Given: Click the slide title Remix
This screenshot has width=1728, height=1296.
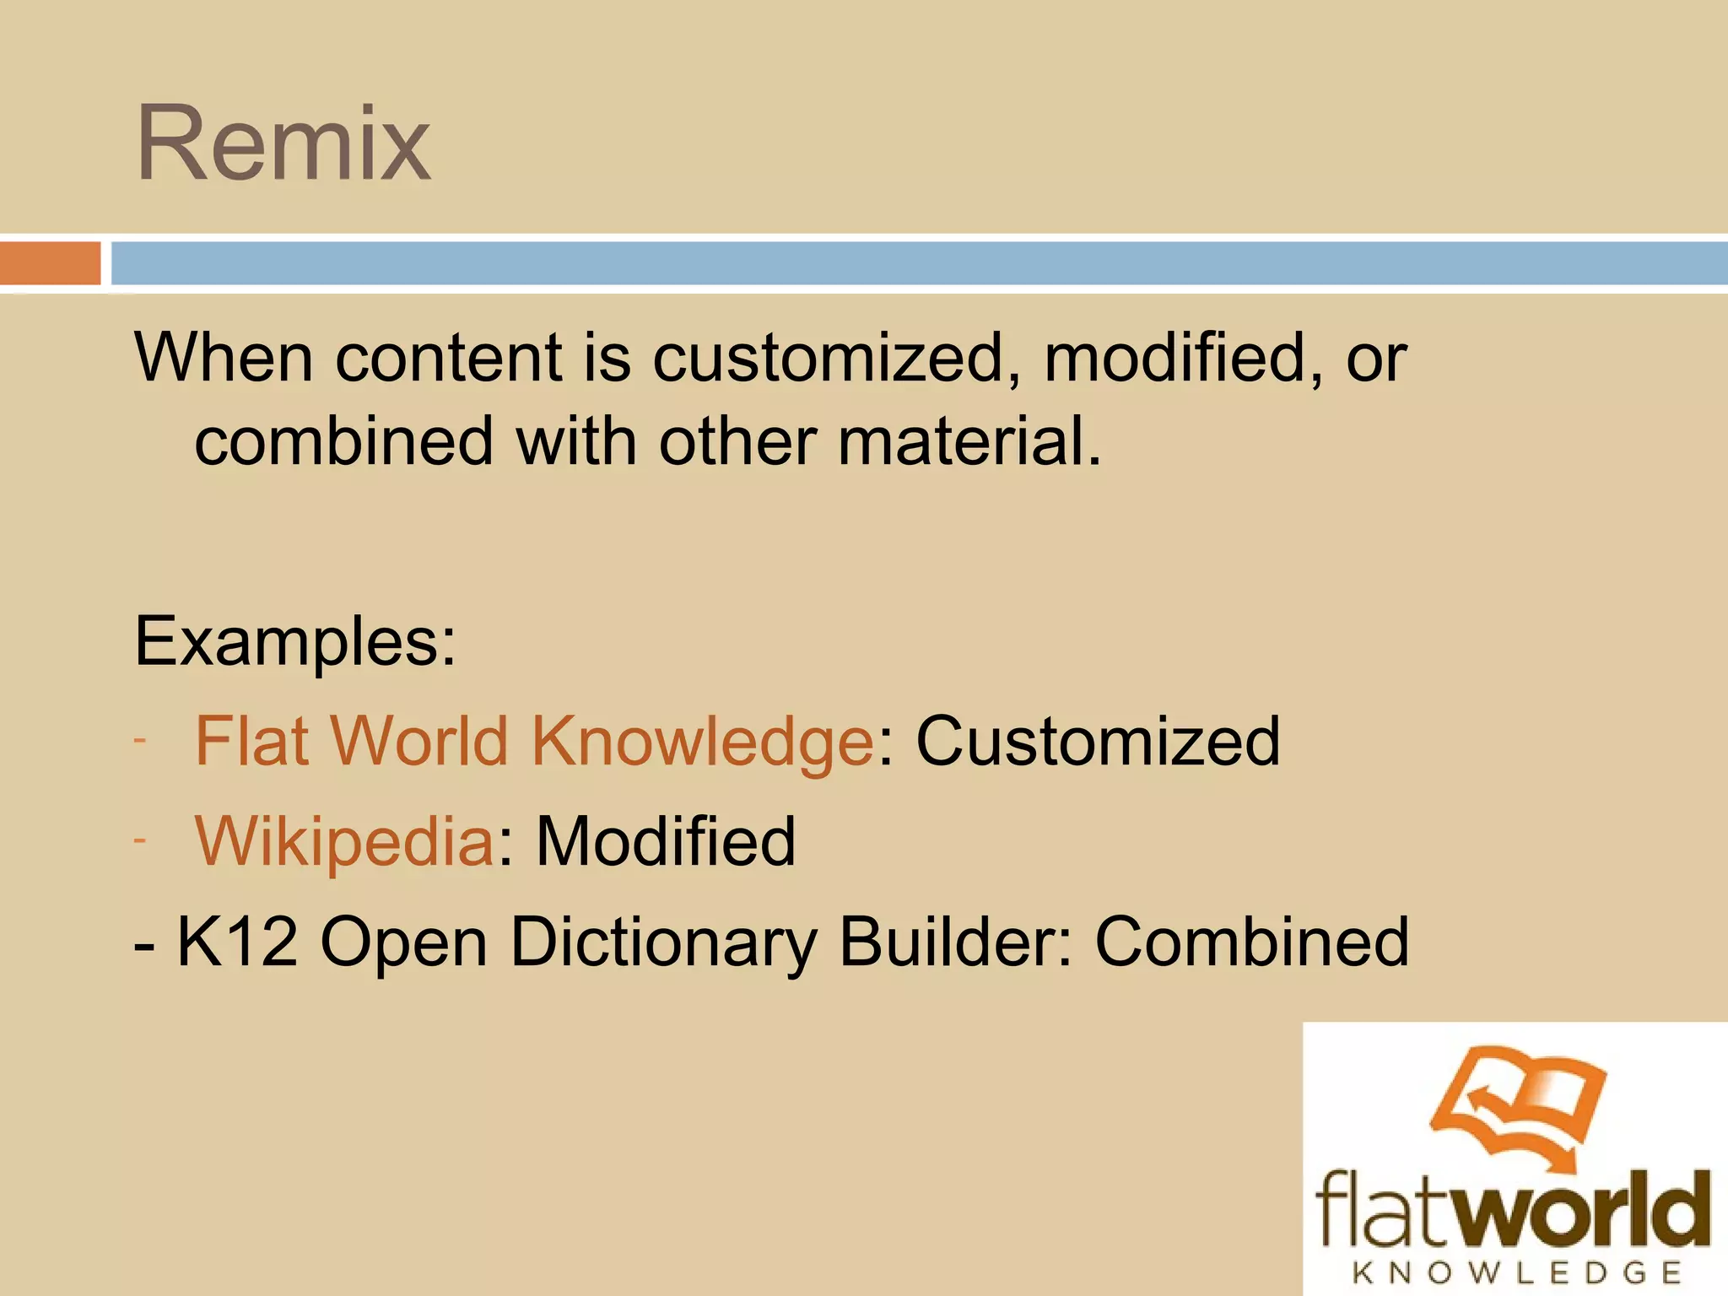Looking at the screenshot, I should [283, 143].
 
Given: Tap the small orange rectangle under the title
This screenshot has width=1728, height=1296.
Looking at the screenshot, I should [50, 263].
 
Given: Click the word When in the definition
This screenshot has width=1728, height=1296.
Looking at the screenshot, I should [224, 358].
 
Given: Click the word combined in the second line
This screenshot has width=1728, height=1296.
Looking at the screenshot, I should [344, 441].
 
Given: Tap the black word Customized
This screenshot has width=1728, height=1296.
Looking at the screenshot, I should [1098, 741].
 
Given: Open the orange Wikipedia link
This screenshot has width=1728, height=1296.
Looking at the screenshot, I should [344, 842].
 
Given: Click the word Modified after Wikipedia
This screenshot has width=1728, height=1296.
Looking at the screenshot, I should [666, 841].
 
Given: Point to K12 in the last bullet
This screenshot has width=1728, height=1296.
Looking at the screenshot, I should [238, 942].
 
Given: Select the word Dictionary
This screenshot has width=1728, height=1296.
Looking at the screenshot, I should [663, 943].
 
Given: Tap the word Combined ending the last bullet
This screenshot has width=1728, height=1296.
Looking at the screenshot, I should [1251, 942].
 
